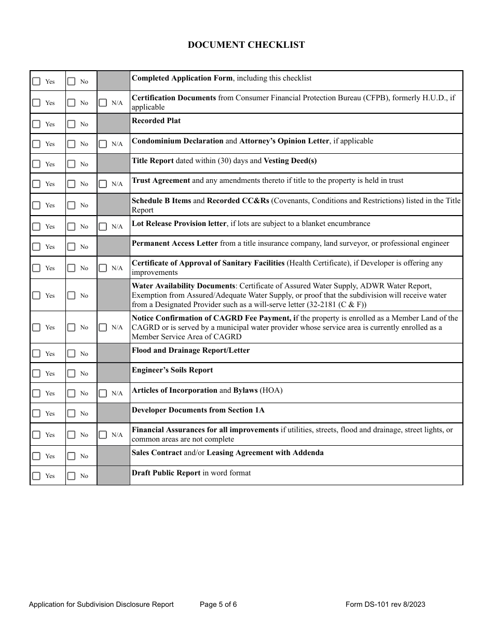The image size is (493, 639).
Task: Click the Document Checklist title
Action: (246, 45)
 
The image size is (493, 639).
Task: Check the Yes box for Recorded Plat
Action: (36, 124)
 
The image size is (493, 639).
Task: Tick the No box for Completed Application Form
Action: (71, 82)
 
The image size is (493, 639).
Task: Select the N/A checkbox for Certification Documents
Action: (103, 103)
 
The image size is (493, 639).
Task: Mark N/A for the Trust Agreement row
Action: (103, 184)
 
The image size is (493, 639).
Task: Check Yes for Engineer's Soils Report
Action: (36, 374)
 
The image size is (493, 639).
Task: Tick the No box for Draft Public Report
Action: (71, 476)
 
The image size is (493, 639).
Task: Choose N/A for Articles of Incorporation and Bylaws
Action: (103, 393)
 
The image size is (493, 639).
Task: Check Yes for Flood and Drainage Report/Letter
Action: (36, 354)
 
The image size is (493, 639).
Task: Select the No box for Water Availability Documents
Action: (71, 296)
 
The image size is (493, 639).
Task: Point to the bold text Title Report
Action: (153, 161)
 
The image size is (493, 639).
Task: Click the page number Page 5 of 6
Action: (218, 604)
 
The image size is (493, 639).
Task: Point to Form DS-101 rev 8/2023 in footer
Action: (385, 604)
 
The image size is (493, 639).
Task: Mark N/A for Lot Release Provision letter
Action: (103, 227)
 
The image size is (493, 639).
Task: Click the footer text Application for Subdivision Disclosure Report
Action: (101, 604)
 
